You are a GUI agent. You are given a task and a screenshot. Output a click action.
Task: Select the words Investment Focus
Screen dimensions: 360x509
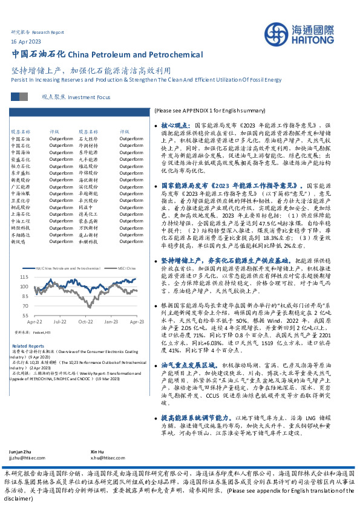[89, 97]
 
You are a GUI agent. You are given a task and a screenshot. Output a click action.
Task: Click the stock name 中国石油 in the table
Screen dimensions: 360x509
[19, 139]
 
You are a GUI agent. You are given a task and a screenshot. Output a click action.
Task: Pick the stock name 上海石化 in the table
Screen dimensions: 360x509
[19, 213]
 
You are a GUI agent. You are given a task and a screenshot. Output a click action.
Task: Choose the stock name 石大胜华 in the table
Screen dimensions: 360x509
[88, 139]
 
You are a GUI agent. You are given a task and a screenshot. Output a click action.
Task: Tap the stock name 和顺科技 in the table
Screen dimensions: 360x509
[88, 241]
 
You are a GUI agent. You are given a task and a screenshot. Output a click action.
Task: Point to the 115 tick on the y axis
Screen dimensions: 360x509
[24, 278]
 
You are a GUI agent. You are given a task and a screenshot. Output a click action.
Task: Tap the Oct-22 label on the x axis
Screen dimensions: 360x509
[85, 322]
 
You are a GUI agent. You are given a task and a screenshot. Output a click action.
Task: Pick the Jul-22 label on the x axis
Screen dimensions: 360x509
[60, 322]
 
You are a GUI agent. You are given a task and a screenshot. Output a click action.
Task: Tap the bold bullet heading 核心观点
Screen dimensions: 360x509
[177, 123]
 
